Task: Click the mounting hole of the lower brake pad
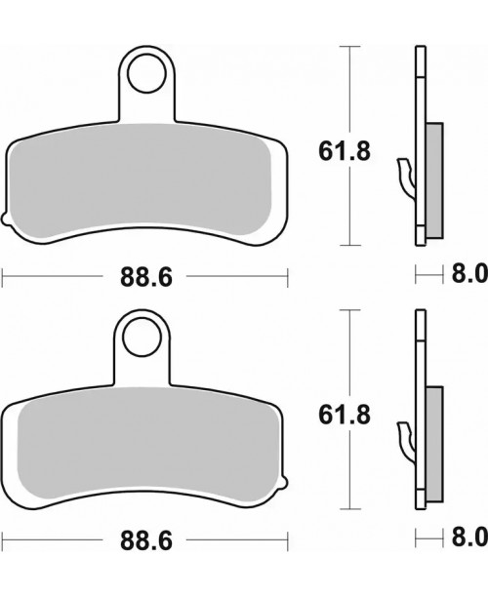[142, 336]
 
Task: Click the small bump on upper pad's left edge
[7, 217]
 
